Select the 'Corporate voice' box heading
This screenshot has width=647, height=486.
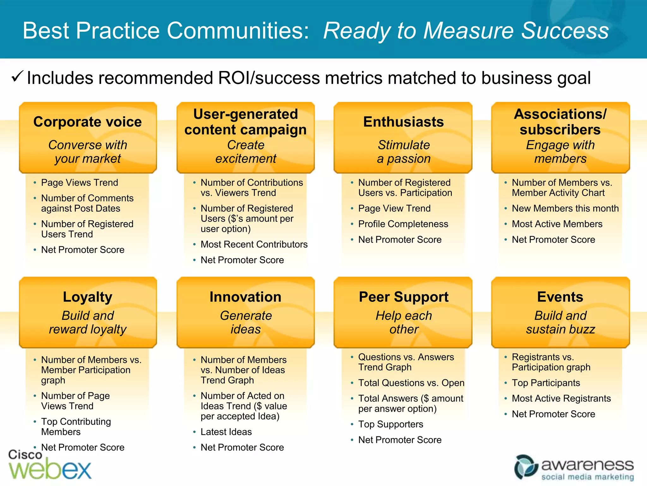[x=88, y=122]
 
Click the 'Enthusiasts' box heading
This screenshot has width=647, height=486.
[x=403, y=122]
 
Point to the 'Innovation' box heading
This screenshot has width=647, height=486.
[x=245, y=297]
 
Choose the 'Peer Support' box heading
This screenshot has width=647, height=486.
[x=403, y=297]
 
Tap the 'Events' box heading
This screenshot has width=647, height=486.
[x=560, y=297]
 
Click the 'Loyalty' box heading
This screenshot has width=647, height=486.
[x=88, y=297]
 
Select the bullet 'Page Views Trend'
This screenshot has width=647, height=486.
[x=80, y=183]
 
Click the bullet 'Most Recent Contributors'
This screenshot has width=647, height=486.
[x=254, y=244]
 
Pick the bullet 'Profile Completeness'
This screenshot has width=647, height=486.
[x=403, y=224]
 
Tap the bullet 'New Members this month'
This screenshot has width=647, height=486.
[x=565, y=208]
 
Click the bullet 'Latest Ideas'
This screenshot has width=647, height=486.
[x=226, y=432]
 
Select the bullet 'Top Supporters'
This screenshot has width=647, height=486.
[x=390, y=424]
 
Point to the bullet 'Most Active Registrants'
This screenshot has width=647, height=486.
[x=561, y=398]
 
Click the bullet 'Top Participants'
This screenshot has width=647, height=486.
[x=546, y=383]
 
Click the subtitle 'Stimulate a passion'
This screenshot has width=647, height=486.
[x=404, y=152]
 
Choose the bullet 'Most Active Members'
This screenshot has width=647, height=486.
[x=557, y=224]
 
